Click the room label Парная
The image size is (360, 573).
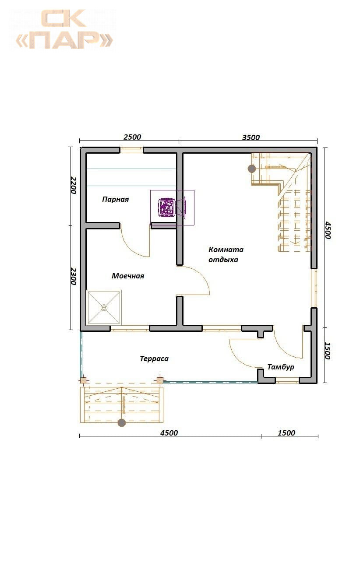[x=115, y=199]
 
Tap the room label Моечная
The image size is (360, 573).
[x=128, y=276]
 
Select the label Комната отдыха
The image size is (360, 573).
[x=226, y=254]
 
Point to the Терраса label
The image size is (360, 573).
[x=154, y=359]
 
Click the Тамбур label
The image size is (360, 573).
[x=281, y=367]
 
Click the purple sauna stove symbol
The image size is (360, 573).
[x=167, y=207]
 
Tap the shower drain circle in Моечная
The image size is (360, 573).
[x=104, y=307]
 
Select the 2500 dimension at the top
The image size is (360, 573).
[x=132, y=137]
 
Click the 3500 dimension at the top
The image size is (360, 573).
[x=251, y=137]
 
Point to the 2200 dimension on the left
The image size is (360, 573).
[x=74, y=185]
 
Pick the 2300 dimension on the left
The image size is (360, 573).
[x=74, y=276]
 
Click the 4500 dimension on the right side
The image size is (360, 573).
[x=328, y=230]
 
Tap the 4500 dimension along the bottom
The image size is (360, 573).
[x=169, y=433]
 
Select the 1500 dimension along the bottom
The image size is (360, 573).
[x=286, y=433]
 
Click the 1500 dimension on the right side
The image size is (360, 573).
[x=328, y=351]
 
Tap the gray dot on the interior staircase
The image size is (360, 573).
[x=252, y=169]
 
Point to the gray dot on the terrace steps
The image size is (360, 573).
[x=122, y=423]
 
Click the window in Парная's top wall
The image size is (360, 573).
[x=131, y=150]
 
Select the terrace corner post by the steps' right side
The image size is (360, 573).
[x=160, y=380]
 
